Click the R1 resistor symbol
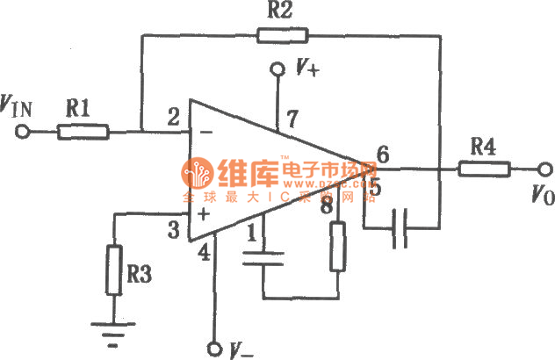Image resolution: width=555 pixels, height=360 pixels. point(83,132)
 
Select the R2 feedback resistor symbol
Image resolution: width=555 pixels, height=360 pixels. point(283,36)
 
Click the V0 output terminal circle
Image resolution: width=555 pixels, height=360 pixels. point(544,169)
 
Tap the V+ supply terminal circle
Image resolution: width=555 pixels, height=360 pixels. point(277,68)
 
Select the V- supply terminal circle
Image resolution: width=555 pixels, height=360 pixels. point(213,348)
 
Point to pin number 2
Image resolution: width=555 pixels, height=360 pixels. point(174,116)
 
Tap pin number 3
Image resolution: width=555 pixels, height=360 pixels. point(175,230)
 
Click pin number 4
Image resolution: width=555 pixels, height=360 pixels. point(205,253)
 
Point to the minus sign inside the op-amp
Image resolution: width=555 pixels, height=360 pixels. point(205,133)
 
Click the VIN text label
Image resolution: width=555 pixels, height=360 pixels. point(19,108)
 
